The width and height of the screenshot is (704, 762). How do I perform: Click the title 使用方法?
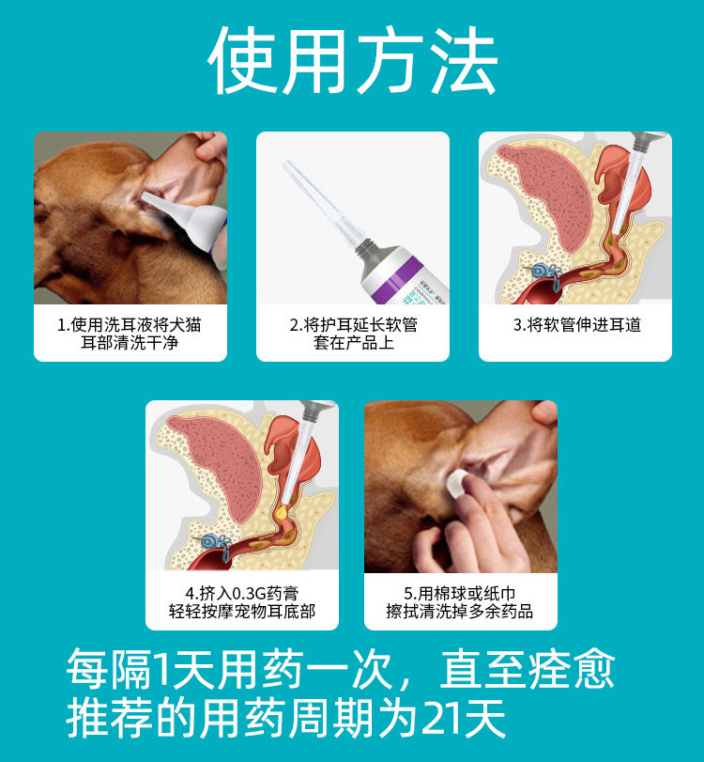(x=352, y=61)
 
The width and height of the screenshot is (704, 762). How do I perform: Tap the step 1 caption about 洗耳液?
(x=130, y=334)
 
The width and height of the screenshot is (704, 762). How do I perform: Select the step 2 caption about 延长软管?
(x=353, y=334)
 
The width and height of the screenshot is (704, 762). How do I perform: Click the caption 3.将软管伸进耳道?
(x=576, y=325)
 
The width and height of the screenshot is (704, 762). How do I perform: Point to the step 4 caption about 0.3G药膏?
(x=242, y=602)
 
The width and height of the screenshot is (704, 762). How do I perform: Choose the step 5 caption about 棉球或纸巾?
(x=460, y=602)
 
